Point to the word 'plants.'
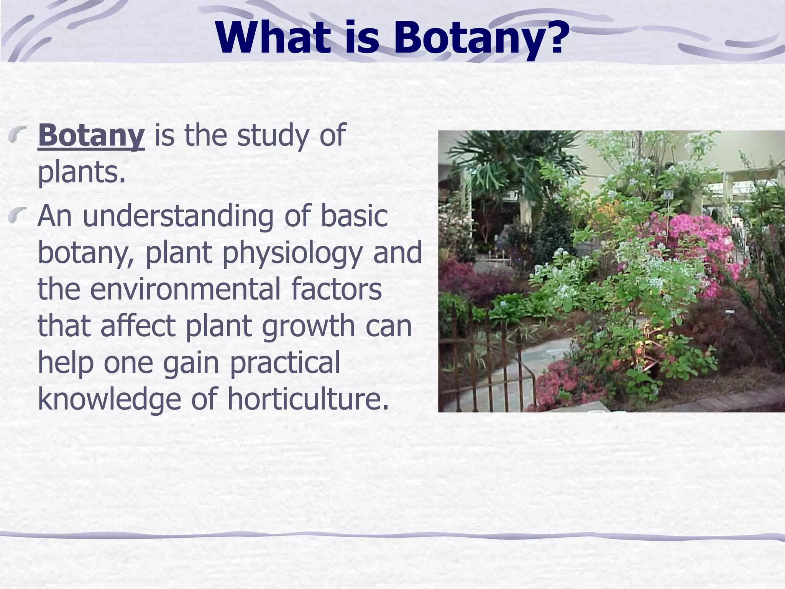(82, 173)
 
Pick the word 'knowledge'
(109, 399)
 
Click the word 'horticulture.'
(308, 399)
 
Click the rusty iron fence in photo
(487, 364)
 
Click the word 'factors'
(336, 289)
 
